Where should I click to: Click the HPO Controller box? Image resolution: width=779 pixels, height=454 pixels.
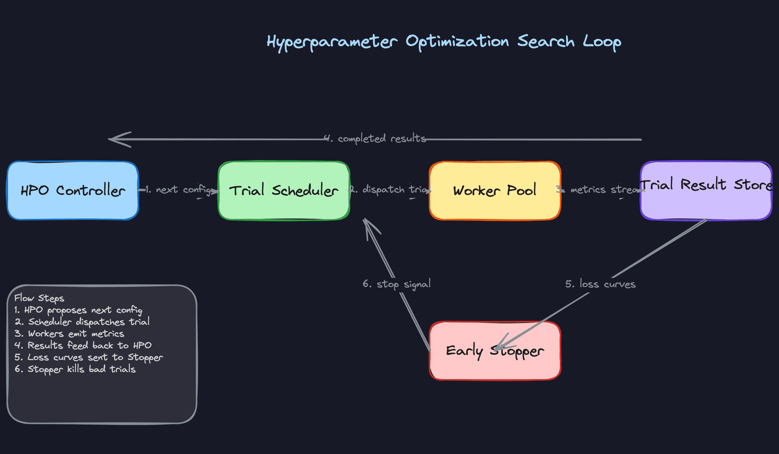pyautogui.click(x=73, y=191)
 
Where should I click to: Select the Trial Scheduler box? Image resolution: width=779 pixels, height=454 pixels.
pyautogui.click(x=284, y=191)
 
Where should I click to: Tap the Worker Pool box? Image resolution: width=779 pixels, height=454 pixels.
pyautogui.click(x=495, y=191)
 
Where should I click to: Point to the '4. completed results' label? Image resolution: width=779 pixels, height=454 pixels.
pyautogui.click(x=375, y=139)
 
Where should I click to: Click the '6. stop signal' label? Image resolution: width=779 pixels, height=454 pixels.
pyautogui.click(x=397, y=284)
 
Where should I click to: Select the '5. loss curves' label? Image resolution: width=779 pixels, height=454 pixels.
pyautogui.click(x=600, y=284)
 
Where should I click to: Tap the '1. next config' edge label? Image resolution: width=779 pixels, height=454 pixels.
pyautogui.click(x=179, y=190)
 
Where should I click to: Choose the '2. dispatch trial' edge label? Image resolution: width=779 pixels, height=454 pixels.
pyautogui.click(x=390, y=190)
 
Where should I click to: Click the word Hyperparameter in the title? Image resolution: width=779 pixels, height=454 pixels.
pyautogui.click(x=332, y=42)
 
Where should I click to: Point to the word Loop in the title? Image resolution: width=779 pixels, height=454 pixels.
pyautogui.click(x=602, y=42)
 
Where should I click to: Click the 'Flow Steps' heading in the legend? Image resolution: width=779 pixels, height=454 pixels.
pyautogui.click(x=39, y=298)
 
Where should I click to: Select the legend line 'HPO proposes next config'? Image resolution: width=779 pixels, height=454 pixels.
pyautogui.click(x=78, y=310)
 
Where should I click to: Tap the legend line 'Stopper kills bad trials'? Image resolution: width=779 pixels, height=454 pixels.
pyautogui.click(x=75, y=369)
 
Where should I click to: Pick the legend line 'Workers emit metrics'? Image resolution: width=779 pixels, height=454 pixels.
pyautogui.click(x=69, y=334)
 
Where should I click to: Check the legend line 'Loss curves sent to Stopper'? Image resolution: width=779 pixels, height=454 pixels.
pyautogui.click(x=88, y=357)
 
